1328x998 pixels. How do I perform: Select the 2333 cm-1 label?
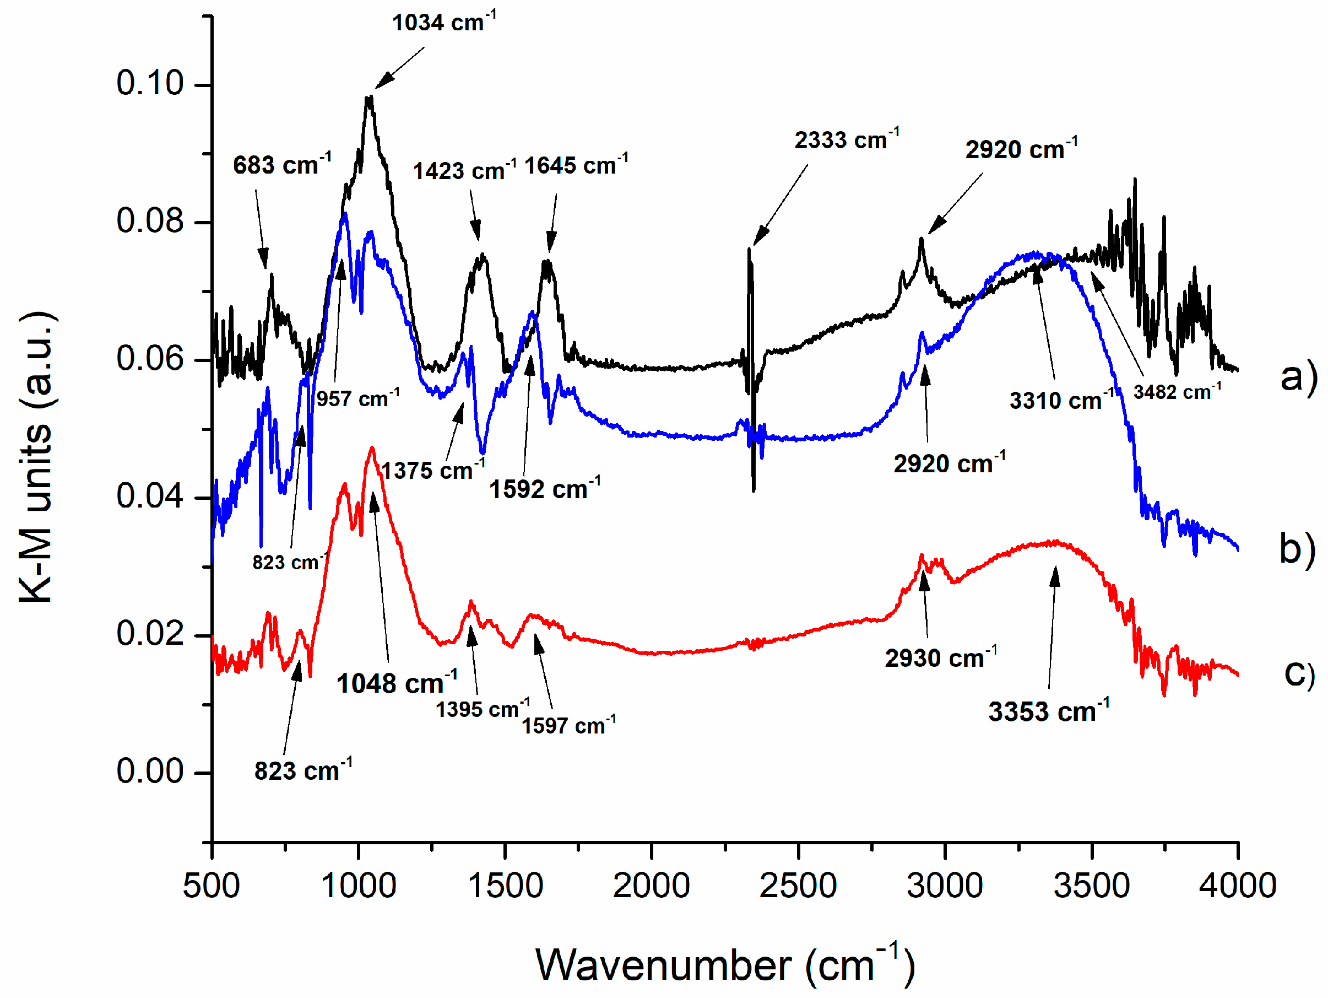tap(847, 140)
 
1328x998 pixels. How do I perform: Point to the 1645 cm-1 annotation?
tap(576, 165)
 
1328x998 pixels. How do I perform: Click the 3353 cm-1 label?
tap(1048, 711)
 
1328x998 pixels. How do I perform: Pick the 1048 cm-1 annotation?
tap(396, 683)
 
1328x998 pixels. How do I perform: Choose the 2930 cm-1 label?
tap(940, 657)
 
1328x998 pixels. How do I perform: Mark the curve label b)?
tap(1297, 549)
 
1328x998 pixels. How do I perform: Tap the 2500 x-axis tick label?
tap(798, 885)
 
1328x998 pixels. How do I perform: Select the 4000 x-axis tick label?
tap(1237, 885)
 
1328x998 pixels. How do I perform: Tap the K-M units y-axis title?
tap(36, 456)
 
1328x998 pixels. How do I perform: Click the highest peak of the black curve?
tap(369, 96)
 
